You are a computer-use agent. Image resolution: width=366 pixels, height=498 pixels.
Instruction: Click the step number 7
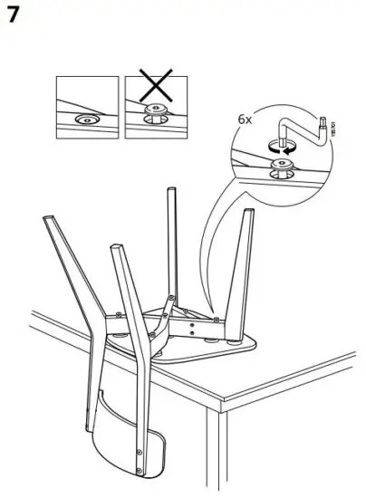[14, 15]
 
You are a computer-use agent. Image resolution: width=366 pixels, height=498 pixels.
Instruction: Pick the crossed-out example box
[150, 108]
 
